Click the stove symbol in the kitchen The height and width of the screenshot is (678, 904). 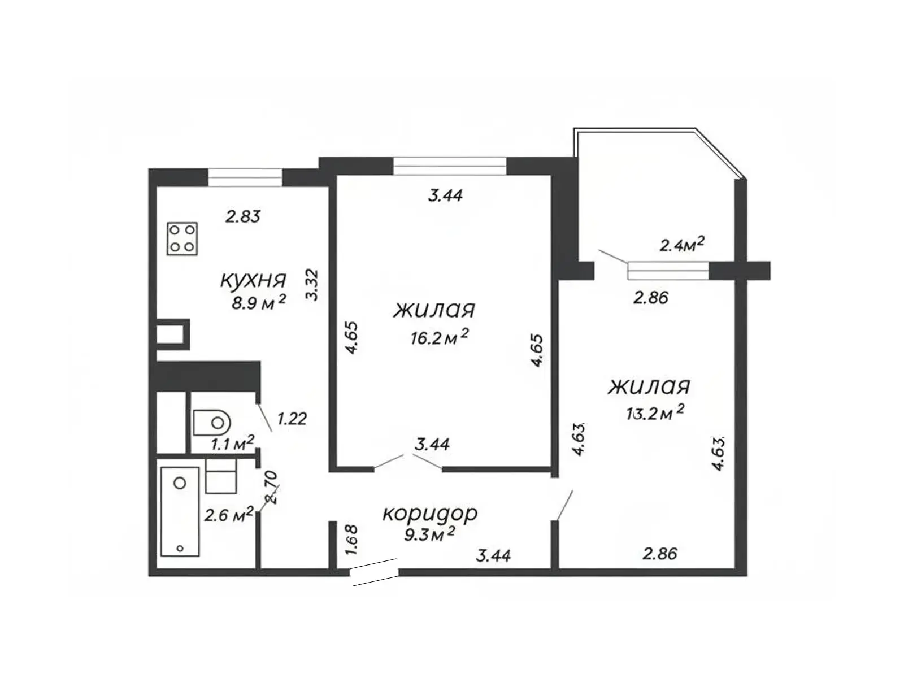pos(181,238)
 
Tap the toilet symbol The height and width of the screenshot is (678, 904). pos(210,422)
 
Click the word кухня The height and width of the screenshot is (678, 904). pos(253,280)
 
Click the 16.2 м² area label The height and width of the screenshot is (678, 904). pos(440,337)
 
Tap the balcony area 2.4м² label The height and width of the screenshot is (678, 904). pos(681,245)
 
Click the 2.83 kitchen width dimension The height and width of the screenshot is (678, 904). pos(243,216)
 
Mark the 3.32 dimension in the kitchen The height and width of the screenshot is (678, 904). pos(312,284)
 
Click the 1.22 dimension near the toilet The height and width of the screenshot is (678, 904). pos(292,419)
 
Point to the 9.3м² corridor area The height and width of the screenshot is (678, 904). pos(429,534)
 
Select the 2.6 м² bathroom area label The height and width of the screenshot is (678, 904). pos(229,515)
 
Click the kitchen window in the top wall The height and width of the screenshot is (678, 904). pos(245,177)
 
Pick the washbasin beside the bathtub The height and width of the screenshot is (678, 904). pos(221,476)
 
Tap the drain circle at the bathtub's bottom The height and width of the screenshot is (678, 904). pos(180,548)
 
